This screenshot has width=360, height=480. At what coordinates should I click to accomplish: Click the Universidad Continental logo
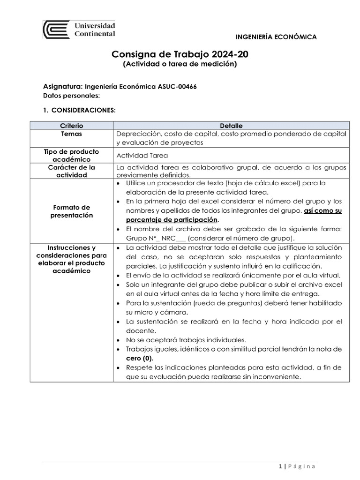(x=80, y=30)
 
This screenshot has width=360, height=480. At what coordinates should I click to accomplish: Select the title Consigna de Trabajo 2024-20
(x=180, y=55)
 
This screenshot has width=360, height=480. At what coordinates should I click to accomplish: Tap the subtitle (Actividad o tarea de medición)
(x=180, y=64)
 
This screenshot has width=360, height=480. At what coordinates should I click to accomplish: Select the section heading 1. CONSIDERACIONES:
(x=79, y=110)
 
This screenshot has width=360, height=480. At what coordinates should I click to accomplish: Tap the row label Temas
(x=71, y=134)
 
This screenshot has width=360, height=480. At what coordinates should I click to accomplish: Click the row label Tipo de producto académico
(x=71, y=156)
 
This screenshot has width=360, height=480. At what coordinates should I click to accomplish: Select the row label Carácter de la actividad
(x=71, y=171)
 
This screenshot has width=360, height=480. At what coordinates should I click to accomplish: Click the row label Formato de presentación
(x=71, y=211)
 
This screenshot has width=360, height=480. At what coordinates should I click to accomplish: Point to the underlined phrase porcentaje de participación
(x=172, y=220)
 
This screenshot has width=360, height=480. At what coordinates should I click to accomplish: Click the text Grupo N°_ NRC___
(x=153, y=238)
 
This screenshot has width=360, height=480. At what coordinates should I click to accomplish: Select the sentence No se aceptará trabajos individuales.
(x=186, y=340)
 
